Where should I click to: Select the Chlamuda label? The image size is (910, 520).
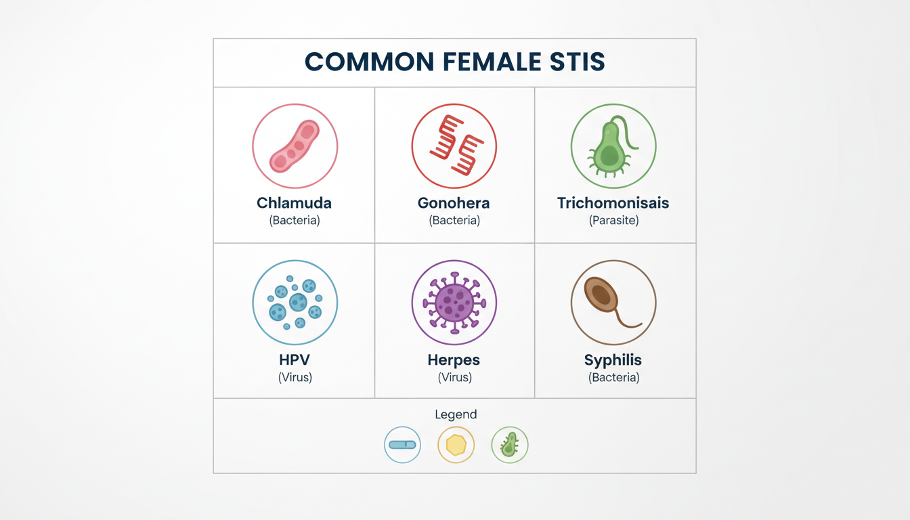tap(294, 202)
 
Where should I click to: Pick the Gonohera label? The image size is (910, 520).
tap(454, 202)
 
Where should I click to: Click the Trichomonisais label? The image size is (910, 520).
tap(613, 202)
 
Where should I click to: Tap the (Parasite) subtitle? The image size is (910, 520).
tap(614, 220)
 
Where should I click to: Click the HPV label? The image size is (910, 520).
tap(295, 360)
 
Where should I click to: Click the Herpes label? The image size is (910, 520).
tap(454, 360)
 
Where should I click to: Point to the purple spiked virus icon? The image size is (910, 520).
tap(454, 303)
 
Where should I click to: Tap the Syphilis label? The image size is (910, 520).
tap(613, 360)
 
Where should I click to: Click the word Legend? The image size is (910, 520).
tap(456, 414)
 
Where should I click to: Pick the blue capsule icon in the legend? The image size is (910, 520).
tap(402, 445)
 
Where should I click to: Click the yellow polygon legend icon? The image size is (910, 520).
tap(456, 445)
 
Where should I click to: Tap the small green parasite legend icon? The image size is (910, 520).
tap(509, 445)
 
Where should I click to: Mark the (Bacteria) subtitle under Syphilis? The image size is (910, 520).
tap(614, 377)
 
